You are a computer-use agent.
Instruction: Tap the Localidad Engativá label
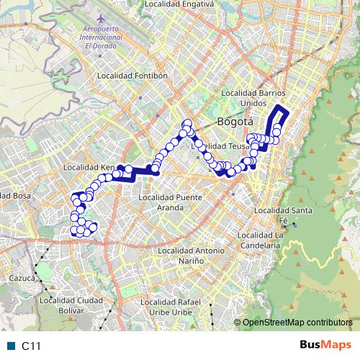(179, 4)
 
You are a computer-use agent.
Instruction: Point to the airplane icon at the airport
(99, 16)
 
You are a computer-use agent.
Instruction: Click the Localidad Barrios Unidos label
(255, 98)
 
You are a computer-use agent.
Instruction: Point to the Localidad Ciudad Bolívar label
(71, 305)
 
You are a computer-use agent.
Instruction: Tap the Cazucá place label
(22, 276)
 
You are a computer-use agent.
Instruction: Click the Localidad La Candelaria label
(258, 240)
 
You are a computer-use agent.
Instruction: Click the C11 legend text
(31, 346)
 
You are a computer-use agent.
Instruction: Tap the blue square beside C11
(11, 346)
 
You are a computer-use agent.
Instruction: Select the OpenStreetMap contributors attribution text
(297, 323)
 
